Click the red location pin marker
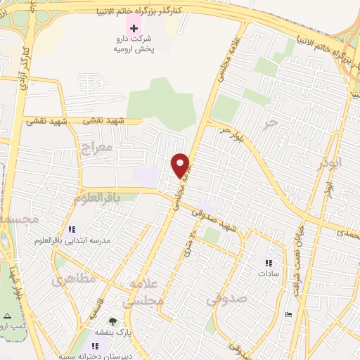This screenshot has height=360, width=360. click(181, 165)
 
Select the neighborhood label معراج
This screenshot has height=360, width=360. click(96, 148)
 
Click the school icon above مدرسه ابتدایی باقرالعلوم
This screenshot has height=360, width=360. click(71, 229)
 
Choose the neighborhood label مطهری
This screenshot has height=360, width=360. click(73, 278)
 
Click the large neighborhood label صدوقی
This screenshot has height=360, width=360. click(226, 299)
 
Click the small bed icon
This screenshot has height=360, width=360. click(288, 313)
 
